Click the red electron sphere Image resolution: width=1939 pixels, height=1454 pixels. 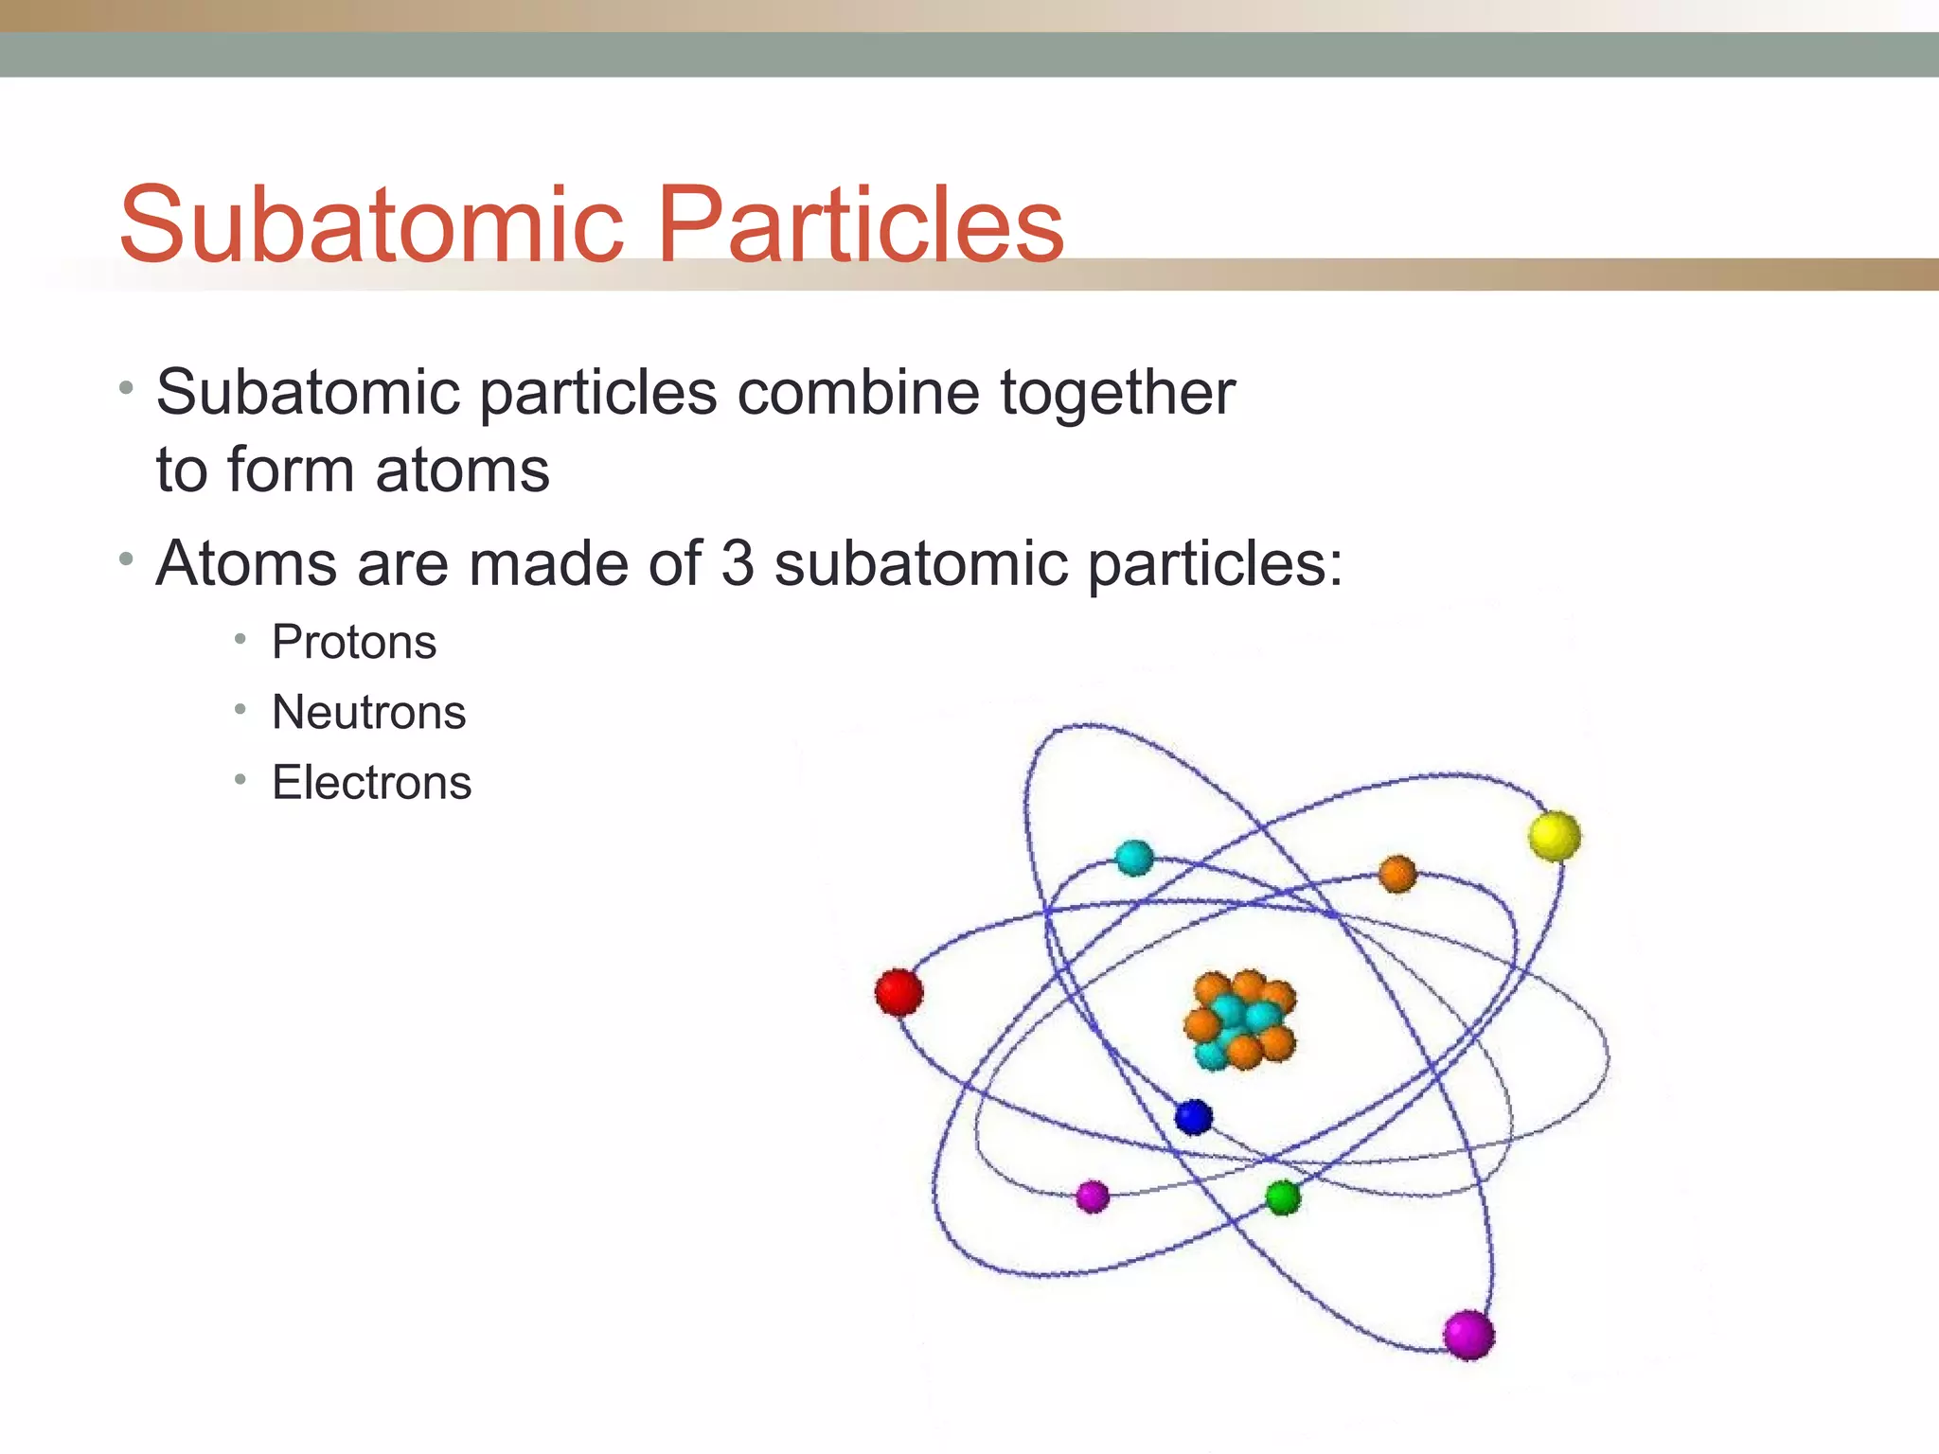pyautogui.click(x=898, y=992)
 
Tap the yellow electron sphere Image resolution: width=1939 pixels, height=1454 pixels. pyautogui.click(x=1554, y=836)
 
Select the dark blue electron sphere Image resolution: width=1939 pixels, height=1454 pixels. pyautogui.click(x=1193, y=1117)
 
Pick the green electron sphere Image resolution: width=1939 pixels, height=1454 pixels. pyautogui.click(x=1283, y=1197)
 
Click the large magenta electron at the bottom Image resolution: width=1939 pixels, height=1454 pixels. pyautogui.click(x=1468, y=1335)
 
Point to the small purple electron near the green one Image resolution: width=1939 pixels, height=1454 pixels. pyautogui.click(x=1093, y=1197)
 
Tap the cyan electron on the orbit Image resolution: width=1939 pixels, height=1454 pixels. pyautogui.click(x=1134, y=858)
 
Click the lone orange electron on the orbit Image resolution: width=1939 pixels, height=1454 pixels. pyautogui.click(x=1396, y=874)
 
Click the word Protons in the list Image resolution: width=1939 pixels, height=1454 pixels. pyautogui.click(x=354, y=643)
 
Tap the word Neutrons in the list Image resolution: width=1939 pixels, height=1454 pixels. pyautogui.click(x=368, y=713)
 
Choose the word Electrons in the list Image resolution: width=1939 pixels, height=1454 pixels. pyautogui.click(x=371, y=783)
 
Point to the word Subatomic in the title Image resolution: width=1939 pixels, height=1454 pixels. pyautogui.click(x=371, y=225)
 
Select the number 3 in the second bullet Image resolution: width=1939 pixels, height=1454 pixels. pyautogui.click(x=738, y=564)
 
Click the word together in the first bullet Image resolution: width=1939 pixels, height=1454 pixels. pyautogui.click(x=1117, y=393)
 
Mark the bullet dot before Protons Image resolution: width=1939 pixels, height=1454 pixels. pyautogui.click(x=240, y=641)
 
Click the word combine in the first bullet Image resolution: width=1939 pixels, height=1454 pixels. pyautogui.click(x=858, y=393)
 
